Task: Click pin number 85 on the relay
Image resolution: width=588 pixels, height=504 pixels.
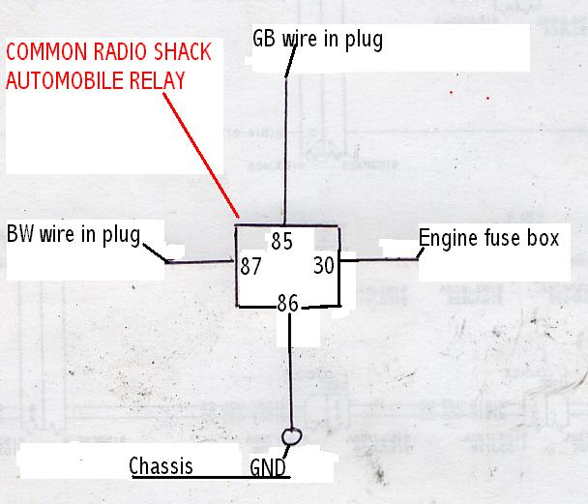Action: pyautogui.click(x=283, y=240)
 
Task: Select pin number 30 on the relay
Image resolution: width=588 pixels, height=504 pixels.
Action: pyautogui.click(x=324, y=264)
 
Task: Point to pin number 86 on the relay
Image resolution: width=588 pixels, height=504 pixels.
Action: pyautogui.click(x=287, y=303)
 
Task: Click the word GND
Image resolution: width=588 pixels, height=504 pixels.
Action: pyautogui.click(x=267, y=468)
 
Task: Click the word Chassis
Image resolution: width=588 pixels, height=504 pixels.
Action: pyautogui.click(x=161, y=466)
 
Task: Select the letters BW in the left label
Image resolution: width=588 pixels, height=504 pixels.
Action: pyautogui.click(x=21, y=233)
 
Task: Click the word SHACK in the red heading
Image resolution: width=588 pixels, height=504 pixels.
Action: pyautogui.click(x=169, y=54)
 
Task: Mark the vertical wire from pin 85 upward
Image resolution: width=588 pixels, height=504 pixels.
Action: pyautogui.click(x=284, y=145)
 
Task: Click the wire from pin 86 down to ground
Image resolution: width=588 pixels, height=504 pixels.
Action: pyautogui.click(x=291, y=368)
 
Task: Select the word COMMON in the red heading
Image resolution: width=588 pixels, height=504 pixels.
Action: pyautogui.click(x=44, y=54)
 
